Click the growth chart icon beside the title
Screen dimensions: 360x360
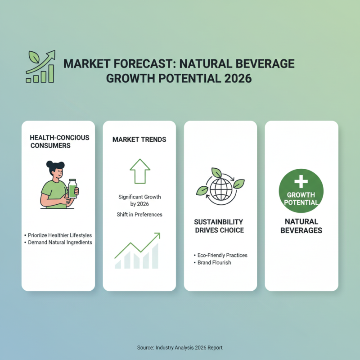click(x=40, y=67)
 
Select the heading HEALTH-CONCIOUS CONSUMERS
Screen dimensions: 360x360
click(x=59, y=141)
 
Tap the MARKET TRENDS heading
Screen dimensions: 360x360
click(x=139, y=139)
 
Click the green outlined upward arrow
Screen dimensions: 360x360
click(x=139, y=171)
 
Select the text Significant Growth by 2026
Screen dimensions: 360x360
click(x=139, y=201)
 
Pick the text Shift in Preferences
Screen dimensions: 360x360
click(x=139, y=215)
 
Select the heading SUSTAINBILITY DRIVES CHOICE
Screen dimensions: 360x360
click(x=219, y=226)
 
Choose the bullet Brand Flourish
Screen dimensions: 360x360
click(x=214, y=262)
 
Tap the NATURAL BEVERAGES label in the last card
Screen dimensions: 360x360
click(x=301, y=226)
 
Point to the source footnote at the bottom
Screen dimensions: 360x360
click(x=180, y=347)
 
